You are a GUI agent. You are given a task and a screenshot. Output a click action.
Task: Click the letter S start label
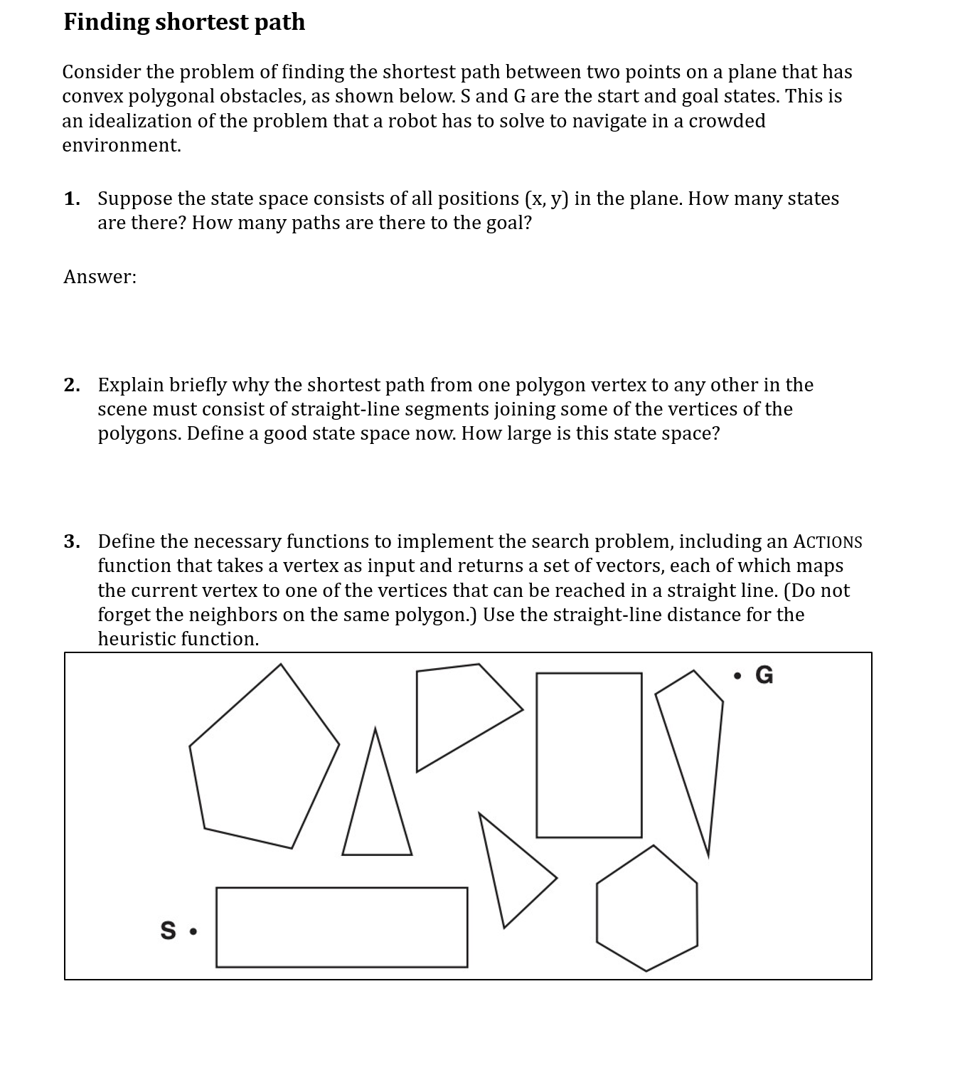(168, 931)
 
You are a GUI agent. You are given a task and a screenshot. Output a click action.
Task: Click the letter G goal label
(764, 674)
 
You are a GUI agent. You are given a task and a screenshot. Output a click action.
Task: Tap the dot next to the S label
(193, 931)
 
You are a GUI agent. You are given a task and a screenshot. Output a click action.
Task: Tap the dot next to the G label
(739, 674)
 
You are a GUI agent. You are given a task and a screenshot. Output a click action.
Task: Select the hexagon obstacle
(646, 909)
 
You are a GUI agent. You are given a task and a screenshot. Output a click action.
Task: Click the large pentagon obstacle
(263, 761)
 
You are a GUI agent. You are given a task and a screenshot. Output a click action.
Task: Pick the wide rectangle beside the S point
(341, 927)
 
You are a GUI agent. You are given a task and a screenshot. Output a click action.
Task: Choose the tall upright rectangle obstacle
(589, 755)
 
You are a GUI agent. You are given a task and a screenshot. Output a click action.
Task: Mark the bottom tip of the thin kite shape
(708, 856)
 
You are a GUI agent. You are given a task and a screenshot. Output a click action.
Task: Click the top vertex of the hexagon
(654, 846)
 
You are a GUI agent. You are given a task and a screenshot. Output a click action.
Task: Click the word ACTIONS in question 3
(828, 542)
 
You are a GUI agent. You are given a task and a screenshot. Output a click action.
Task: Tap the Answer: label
(100, 277)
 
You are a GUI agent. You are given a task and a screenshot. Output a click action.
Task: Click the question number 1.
(71, 198)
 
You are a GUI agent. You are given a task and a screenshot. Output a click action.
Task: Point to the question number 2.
(71, 385)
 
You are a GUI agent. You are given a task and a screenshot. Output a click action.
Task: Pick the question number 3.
(71, 542)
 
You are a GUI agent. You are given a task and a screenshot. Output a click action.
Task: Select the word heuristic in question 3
(137, 639)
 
